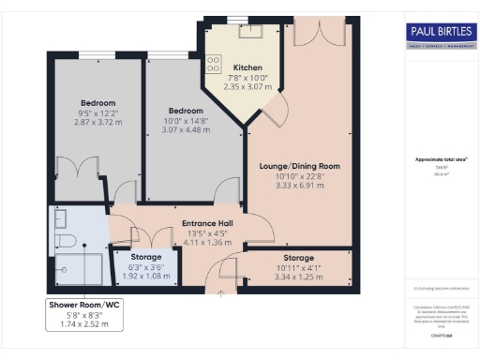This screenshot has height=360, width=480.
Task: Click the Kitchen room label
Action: point(248,67)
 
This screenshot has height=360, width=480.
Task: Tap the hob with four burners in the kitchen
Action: point(213,65)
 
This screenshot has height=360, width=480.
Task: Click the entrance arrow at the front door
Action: point(221,292)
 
